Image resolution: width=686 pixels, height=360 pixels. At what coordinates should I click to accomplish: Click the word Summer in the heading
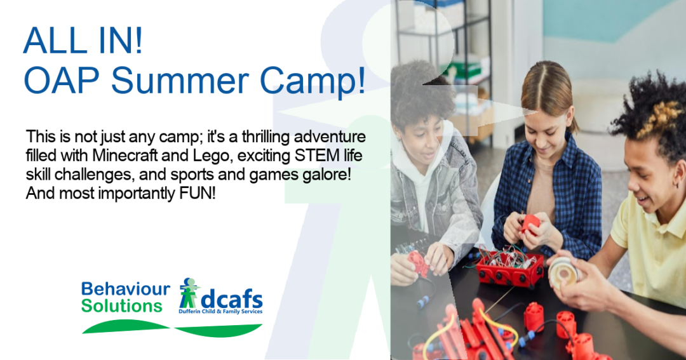pos(179,81)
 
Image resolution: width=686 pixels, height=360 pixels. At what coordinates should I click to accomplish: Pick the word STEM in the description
pos(315,156)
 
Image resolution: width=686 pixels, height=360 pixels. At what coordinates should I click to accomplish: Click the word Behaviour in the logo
pos(126,289)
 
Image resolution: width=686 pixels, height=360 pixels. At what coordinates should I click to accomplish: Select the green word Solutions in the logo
pos(121,306)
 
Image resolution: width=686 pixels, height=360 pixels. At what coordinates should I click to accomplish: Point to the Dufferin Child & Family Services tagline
pos(220,312)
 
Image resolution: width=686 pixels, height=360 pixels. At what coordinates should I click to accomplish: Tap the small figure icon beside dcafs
pos(189,292)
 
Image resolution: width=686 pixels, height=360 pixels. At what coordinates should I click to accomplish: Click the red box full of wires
pos(509,267)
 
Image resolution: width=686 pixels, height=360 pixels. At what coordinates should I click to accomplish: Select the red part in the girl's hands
pos(530,223)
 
